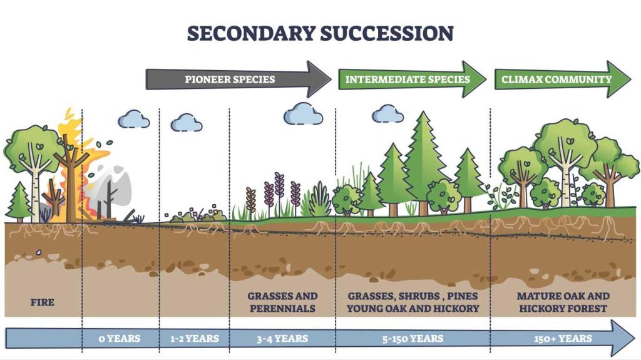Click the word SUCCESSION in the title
(387, 33)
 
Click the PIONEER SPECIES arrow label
(230, 80)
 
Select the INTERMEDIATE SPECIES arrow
(413, 80)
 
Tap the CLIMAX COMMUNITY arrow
(563, 80)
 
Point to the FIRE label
(43, 302)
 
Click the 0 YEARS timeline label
(120, 339)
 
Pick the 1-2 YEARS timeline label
(195, 339)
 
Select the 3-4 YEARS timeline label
(282, 339)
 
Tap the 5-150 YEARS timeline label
(413, 339)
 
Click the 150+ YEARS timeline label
(563, 339)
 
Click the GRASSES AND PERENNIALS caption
(282, 302)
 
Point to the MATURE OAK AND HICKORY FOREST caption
(563, 302)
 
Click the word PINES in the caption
(462, 296)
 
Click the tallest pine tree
(424, 163)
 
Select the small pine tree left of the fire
(19, 202)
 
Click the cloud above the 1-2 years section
(187, 123)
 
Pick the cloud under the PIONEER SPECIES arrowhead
(304, 113)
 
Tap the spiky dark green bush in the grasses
(320, 200)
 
